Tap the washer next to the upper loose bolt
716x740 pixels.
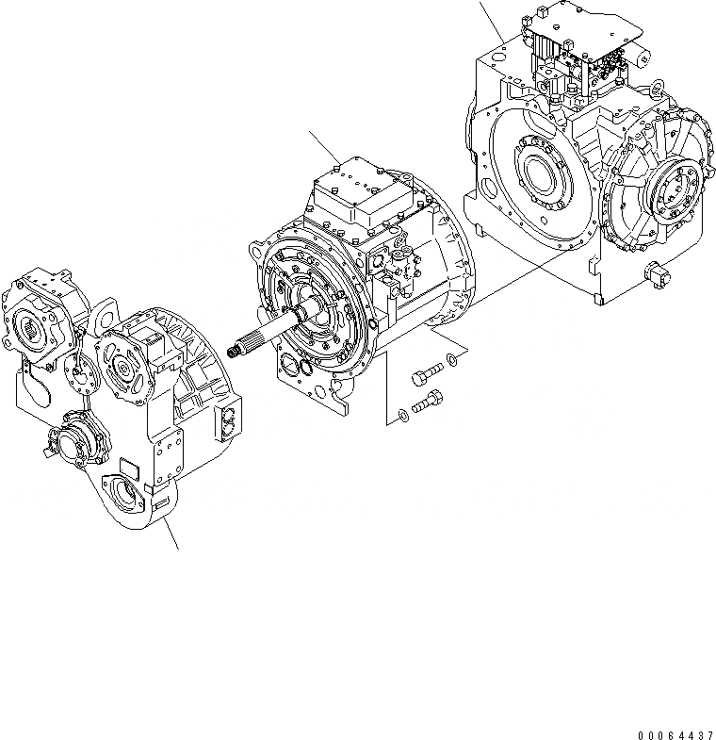click(x=454, y=357)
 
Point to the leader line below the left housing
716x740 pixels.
click(x=170, y=533)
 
